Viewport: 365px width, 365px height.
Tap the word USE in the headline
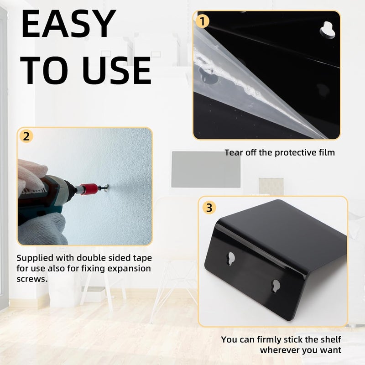click(x=117, y=71)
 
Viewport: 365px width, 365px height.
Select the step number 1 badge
click(x=202, y=21)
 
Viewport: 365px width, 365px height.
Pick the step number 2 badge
click(x=26, y=136)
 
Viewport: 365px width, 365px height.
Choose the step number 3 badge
click(x=209, y=208)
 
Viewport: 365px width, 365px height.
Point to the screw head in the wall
click(x=106, y=187)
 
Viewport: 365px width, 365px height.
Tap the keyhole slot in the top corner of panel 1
click(x=328, y=30)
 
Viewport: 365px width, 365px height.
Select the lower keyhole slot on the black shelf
click(x=276, y=286)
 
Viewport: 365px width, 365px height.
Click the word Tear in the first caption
click(x=233, y=152)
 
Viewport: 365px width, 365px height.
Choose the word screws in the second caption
click(x=32, y=279)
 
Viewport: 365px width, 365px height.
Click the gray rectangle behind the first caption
click(x=206, y=169)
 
